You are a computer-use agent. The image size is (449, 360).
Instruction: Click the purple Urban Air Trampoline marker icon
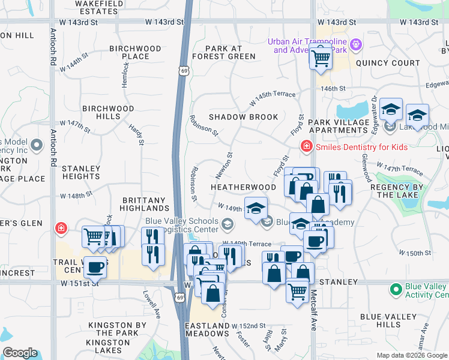pos(356,44)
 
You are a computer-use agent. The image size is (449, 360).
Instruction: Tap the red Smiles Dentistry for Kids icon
pos(306,146)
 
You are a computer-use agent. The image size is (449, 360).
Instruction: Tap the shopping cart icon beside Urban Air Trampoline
pos(321,58)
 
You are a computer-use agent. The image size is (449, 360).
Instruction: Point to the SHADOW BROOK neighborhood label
pos(243,117)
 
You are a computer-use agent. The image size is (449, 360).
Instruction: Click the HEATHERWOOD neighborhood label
pos(243,187)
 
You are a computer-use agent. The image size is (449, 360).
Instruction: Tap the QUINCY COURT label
pos(388,63)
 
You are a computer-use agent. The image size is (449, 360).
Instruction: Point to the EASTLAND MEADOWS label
pos(207,329)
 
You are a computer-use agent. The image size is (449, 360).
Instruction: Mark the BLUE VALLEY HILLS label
pos(388,320)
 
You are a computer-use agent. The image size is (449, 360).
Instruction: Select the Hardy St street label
pos(137,135)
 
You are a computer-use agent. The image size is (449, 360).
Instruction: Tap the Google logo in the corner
pos(20,353)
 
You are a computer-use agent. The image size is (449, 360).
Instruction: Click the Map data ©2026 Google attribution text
pos(411,355)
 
